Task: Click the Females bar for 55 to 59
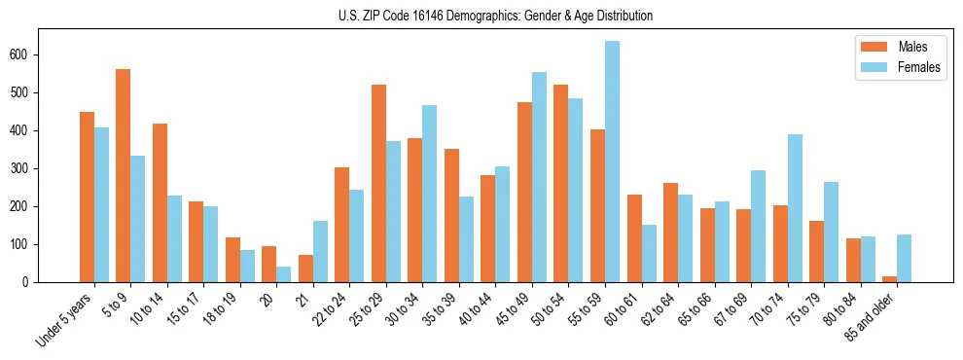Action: tap(612, 162)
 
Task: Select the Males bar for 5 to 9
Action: tap(124, 175)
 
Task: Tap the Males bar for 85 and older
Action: tap(889, 279)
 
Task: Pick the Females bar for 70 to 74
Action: tap(795, 208)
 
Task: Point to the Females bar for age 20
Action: tap(284, 274)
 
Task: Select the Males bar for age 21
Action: tap(305, 269)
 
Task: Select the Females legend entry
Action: tap(898, 68)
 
